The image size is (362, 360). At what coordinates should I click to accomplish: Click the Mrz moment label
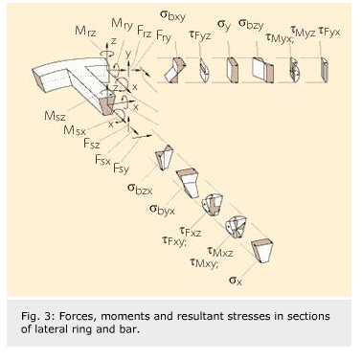click(84, 32)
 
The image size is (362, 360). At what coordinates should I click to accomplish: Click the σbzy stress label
click(253, 23)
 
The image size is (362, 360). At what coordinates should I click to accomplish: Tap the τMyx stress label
click(281, 35)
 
